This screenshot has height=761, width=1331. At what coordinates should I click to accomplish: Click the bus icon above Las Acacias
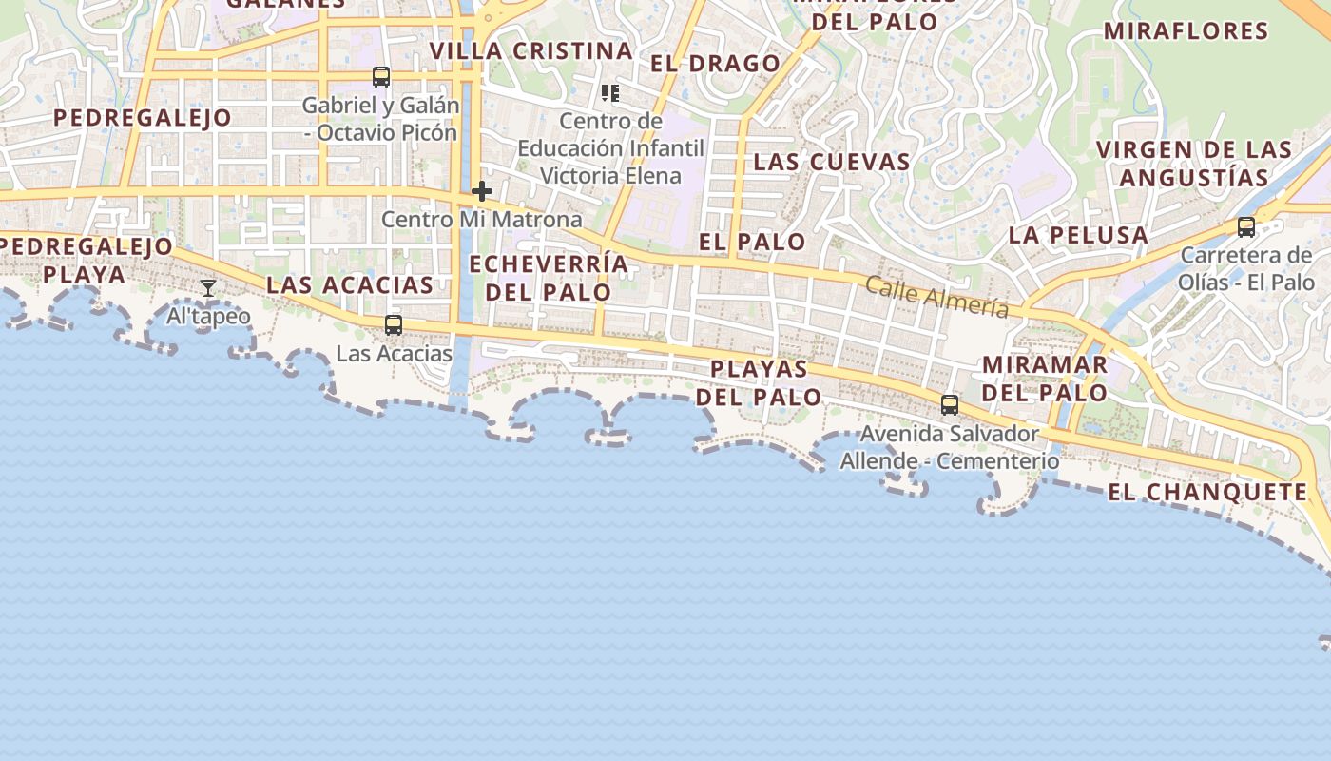(393, 325)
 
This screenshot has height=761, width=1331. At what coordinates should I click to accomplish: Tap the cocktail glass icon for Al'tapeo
(208, 288)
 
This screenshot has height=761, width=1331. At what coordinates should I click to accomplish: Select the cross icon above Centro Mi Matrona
(482, 191)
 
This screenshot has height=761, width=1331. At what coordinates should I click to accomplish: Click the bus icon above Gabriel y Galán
(380, 77)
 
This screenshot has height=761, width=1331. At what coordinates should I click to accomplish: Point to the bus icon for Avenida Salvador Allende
(949, 405)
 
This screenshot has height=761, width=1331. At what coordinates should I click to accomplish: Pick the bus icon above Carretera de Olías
(1245, 227)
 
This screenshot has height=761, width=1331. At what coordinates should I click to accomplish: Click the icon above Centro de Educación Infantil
(610, 93)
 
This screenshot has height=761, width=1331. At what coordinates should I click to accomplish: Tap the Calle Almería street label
(936, 296)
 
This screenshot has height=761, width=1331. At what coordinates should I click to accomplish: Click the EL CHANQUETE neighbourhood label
(1207, 492)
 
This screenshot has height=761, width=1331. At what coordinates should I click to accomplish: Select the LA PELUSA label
(1078, 235)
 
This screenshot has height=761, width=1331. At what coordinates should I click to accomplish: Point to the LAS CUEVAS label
(832, 162)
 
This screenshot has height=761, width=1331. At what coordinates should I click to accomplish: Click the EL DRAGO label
(715, 64)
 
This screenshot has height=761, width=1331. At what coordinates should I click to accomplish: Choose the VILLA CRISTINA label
(530, 50)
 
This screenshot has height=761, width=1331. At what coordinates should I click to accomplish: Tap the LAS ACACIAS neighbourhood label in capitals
(350, 284)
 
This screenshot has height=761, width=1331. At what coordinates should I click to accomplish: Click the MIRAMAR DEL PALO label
(1044, 379)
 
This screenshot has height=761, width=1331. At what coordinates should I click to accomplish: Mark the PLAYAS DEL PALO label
(759, 382)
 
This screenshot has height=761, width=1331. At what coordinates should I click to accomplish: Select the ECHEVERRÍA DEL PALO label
(549, 278)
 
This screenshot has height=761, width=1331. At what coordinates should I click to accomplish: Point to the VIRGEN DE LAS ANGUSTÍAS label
(1194, 164)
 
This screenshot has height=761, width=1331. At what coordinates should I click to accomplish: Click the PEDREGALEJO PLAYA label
(86, 261)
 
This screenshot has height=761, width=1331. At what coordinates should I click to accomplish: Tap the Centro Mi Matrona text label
(481, 220)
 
